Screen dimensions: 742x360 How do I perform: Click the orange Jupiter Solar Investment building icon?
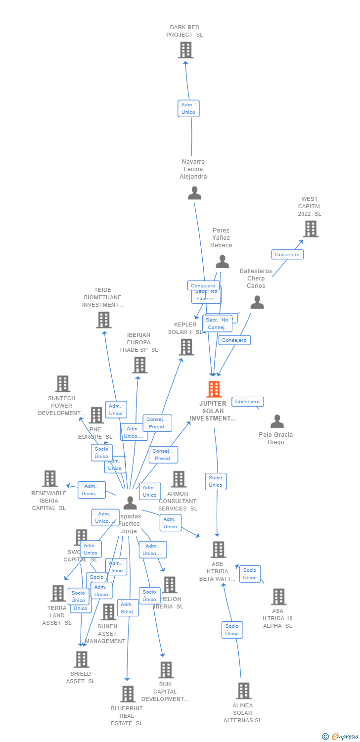[x=214, y=389]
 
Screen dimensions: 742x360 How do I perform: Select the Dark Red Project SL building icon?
[x=186, y=50]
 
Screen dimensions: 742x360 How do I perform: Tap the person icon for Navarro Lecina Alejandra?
[x=194, y=193]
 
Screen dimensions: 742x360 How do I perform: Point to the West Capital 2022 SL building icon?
[x=310, y=229]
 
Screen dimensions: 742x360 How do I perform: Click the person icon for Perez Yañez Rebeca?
[x=222, y=261]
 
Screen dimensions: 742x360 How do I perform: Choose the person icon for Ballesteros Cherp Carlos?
[x=257, y=302]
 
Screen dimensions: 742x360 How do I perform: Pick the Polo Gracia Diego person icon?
[x=277, y=421]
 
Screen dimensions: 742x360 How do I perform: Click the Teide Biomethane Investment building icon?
[x=103, y=320]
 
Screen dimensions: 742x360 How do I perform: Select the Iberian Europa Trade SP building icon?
[x=140, y=365]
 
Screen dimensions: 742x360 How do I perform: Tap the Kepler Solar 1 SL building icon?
[x=186, y=347]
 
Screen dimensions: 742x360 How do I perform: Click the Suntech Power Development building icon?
[x=62, y=384]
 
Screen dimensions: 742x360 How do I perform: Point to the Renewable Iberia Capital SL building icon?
[x=50, y=479]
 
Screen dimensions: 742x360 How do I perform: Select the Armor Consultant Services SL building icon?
[x=179, y=479]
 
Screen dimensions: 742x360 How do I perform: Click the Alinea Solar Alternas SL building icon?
[x=243, y=691]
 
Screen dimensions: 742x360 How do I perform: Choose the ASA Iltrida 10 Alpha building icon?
[x=278, y=597]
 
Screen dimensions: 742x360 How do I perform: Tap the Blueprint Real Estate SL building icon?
[x=128, y=694]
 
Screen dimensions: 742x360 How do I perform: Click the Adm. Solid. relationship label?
[x=128, y=608]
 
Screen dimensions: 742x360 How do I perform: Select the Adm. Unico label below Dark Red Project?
[x=188, y=108]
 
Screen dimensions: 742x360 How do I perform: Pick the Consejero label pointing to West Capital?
[x=287, y=254]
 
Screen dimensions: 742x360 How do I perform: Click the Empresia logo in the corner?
[x=341, y=737]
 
